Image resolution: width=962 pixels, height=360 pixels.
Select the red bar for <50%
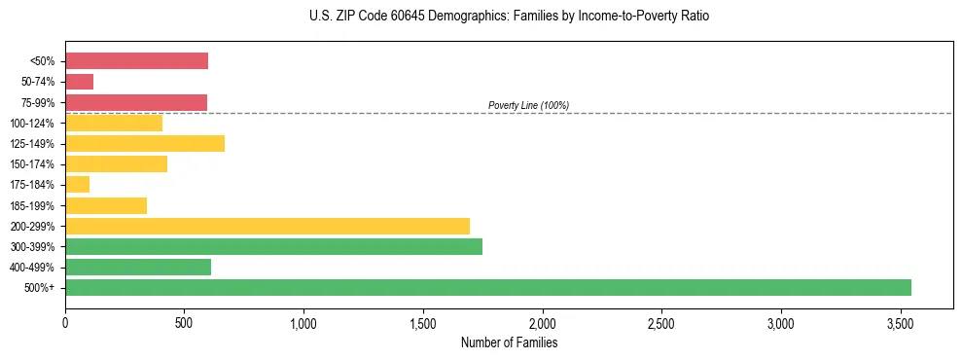(136, 61)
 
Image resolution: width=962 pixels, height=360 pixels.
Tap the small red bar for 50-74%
(80, 82)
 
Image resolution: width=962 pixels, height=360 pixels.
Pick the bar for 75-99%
(136, 102)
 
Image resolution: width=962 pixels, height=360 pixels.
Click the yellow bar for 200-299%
(267, 226)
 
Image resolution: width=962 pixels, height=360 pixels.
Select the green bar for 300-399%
(273, 246)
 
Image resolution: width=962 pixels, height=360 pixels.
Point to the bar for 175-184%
(78, 184)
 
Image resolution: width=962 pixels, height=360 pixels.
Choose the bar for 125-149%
(145, 143)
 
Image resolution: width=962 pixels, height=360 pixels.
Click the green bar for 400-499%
(138, 267)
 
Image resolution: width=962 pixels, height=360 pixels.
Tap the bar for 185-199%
(106, 205)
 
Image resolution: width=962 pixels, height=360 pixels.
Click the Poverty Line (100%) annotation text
(528, 105)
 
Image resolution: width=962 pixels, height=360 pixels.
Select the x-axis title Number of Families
(509, 342)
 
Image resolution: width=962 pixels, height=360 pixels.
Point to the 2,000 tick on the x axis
(542, 322)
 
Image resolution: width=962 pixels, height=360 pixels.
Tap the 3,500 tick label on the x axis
(901, 322)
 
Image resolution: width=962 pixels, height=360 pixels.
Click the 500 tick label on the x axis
(184, 322)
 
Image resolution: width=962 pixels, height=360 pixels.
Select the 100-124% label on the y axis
(32, 124)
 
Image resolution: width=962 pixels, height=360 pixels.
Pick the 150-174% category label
(32, 164)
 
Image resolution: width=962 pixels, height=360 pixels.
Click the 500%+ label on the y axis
(39, 288)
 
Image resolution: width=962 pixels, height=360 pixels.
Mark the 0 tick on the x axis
(65, 322)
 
